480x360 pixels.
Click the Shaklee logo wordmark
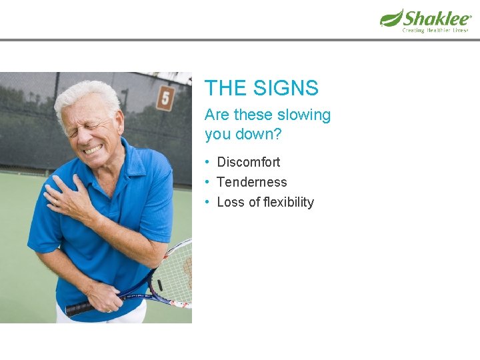pos(437,17)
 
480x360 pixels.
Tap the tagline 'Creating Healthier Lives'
pos(435,30)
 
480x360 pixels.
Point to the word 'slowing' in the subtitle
pos(304,115)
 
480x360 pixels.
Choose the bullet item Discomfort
pos(249,162)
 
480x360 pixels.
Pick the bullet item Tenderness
pos(252,182)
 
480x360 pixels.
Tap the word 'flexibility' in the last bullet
pos(289,202)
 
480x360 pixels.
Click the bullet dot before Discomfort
pos(209,162)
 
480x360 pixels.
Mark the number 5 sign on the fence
pos(165,99)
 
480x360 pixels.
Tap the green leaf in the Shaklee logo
pos(391,18)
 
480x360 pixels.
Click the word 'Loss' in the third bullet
pos(231,202)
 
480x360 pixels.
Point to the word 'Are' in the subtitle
pos(217,115)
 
